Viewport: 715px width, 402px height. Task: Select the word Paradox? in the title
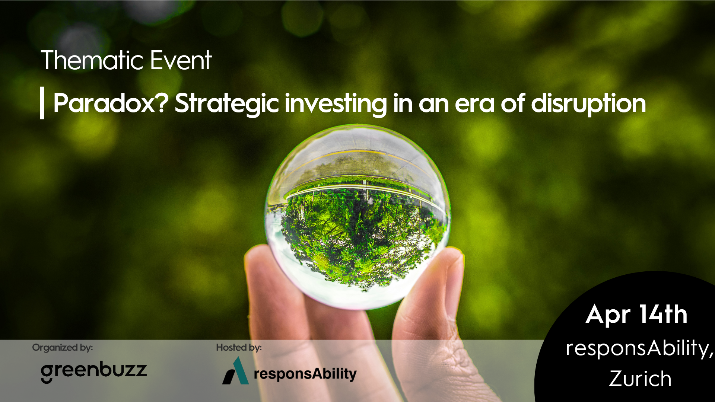(111, 103)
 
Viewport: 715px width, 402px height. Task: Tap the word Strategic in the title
(227, 105)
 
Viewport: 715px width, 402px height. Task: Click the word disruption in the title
(588, 105)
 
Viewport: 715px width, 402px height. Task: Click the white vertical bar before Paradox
(42, 103)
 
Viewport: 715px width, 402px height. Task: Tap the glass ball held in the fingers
(357, 217)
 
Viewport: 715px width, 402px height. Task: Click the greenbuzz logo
(94, 371)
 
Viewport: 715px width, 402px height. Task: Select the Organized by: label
(63, 348)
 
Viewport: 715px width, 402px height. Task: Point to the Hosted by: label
(239, 348)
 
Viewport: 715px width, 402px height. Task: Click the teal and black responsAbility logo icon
(235, 371)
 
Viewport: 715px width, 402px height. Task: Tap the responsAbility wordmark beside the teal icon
(305, 374)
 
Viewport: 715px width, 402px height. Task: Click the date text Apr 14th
(636, 315)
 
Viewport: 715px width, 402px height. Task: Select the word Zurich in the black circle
(640, 379)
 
